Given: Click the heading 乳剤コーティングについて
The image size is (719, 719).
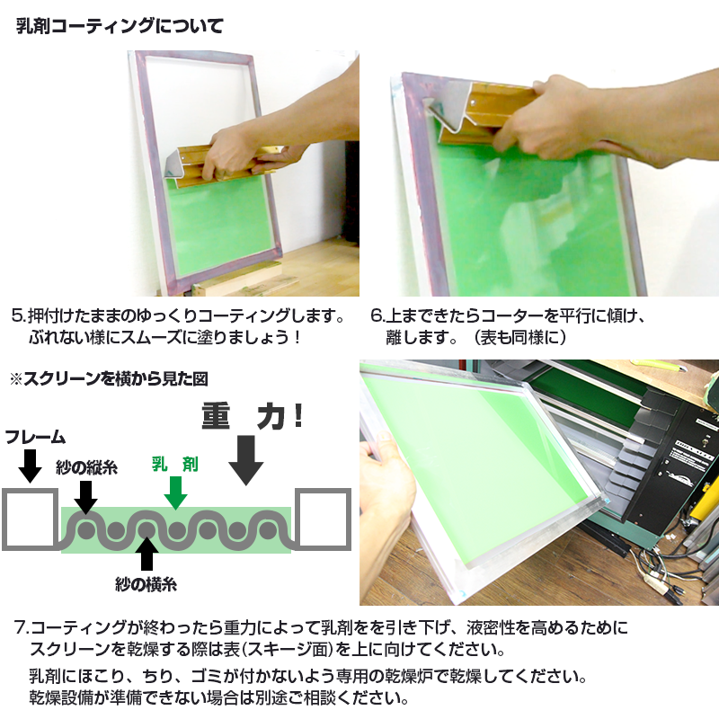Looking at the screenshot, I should click(x=120, y=26).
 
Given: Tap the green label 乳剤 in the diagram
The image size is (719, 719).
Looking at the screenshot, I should click(x=174, y=465).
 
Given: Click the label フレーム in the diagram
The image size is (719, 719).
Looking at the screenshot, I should click(x=35, y=438).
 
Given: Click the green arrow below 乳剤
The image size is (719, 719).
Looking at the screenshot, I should click(x=175, y=492).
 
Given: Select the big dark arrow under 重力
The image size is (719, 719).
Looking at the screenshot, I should click(x=245, y=459).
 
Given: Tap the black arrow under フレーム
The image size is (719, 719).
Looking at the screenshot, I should click(x=30, y=465).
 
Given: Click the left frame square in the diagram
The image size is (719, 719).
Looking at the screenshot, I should click(x=30, y=519).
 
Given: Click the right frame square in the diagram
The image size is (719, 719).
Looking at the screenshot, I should click(x=321, y=519).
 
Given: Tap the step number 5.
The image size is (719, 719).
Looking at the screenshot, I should click(x=17, y=317).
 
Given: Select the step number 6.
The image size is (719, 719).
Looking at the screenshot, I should click(x=377, y=317).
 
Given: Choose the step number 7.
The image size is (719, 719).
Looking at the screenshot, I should click(x=22, y=626).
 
